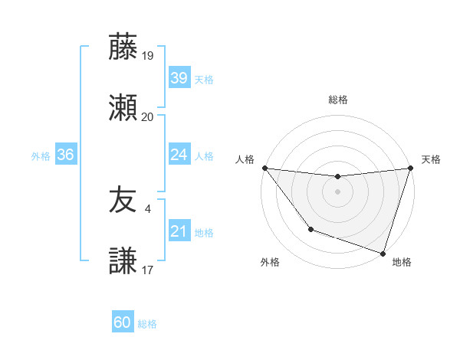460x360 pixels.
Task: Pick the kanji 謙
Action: pos(123,261)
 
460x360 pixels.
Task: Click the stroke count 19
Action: pos(148,55)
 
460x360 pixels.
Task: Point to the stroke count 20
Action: pos(148,117)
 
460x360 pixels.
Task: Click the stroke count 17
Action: pos(148,270)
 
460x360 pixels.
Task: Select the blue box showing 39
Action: pos(179,77)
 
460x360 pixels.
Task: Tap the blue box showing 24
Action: pos(179,155)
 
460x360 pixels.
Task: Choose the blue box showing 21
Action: pos(179,231)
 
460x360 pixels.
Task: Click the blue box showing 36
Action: pos(65,155)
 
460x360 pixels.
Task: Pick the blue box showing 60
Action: pos(123,322)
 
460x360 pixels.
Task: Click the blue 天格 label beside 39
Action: pos(204,79)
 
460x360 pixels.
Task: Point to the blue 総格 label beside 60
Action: pos(147,324)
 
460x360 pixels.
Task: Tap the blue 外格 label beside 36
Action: pos(41,156)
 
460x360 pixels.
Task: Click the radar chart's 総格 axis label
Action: pos(337,100)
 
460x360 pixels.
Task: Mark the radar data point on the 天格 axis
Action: pos(410,168)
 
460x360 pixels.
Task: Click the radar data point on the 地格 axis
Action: pos(383,253)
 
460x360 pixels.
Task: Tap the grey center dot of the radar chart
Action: pos(337,191)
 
